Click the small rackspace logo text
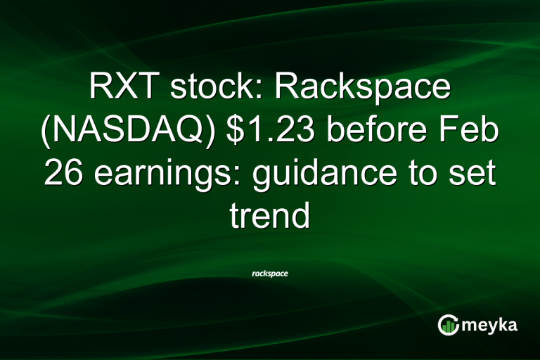(x=269, y=273)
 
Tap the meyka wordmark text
(x=491, y=325)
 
